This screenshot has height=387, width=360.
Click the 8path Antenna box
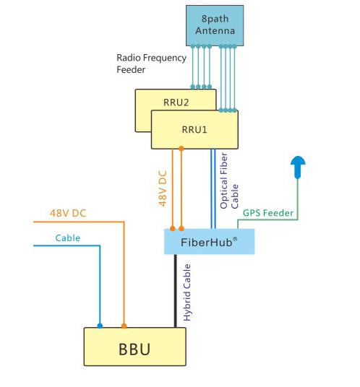[x=215, y=25]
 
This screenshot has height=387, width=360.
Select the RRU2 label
[x=176, y=103]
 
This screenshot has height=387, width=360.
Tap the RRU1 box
[x=194, y=129]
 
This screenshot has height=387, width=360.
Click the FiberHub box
[x=210, y=241]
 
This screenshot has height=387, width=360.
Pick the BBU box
[x=135, y=347]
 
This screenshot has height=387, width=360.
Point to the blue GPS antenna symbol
[x=298, y=167]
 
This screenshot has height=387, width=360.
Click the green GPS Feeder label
[x=268, y=213]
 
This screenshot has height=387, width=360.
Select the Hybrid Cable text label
[x=187, y=292]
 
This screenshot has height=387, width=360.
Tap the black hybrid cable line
[x=176, y=291]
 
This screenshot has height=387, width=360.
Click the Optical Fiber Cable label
[x=229, y=181]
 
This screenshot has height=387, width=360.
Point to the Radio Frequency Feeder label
[x=152, y=64]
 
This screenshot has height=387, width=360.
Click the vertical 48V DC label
[x=163, y=188]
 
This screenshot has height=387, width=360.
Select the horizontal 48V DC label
[x=68, y=213]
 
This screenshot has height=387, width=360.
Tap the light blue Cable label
[x=68, y=238]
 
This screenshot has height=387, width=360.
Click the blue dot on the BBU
[x=100, y=326]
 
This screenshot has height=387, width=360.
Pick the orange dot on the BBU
[x=124, y=326]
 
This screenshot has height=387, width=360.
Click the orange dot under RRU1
[x=181, y=149]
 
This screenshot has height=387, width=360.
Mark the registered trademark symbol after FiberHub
[x=235, y=239]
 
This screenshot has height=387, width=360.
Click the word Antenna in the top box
[x=215, y=31]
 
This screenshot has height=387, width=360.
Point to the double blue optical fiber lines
[x=213, y=189]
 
